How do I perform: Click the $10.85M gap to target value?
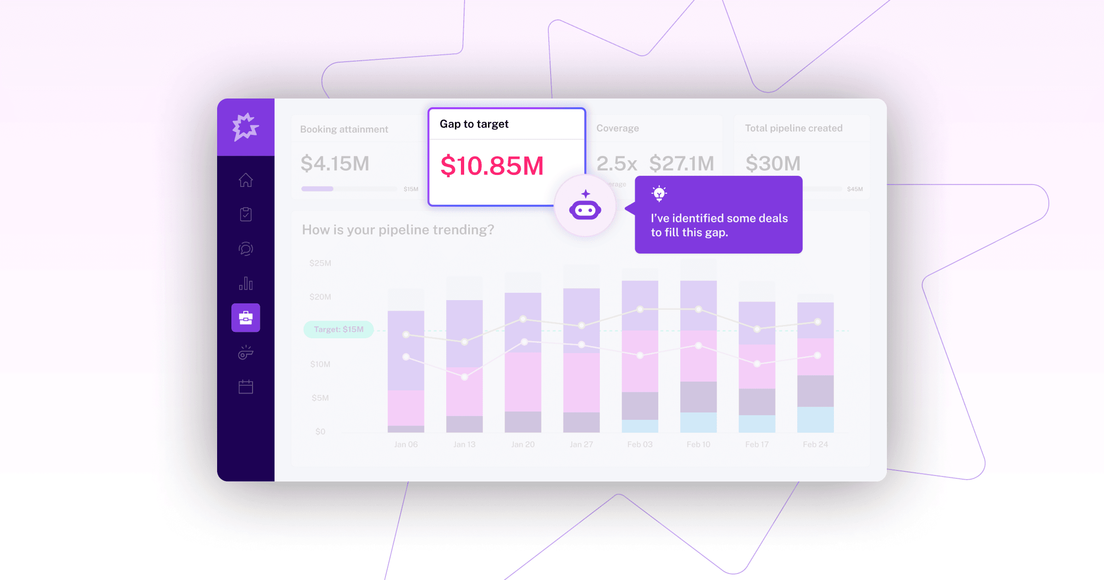click(x=492, y=166)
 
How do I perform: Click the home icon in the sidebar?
click(x=246, y=180)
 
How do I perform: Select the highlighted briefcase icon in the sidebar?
click(x=246, y=318)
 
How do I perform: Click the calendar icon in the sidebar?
click(x=246, y=387)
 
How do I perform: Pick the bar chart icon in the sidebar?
click(x=246, y=283)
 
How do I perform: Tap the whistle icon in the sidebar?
click(x=246, y=353)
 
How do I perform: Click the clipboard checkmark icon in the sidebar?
click(x=246, y=214)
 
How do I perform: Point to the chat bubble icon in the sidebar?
click(x=246, y=249)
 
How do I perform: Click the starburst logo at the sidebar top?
click(x=245, y=127)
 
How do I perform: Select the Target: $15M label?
click(x=339, y=330)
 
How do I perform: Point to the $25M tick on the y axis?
click(x=320, y=263)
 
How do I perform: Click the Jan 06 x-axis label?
click(x=406, y=444)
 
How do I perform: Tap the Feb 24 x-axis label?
click(x=815, y=444)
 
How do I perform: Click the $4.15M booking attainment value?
click(x=335, y=163)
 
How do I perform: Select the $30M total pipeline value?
click(x=773, y=163)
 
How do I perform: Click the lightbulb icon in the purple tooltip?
click(x=659, y=193)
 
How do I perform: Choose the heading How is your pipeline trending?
click(x=398, y=230)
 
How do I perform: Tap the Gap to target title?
click(x=474, y=124)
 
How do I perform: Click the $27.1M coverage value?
click(x=682, y=163)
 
